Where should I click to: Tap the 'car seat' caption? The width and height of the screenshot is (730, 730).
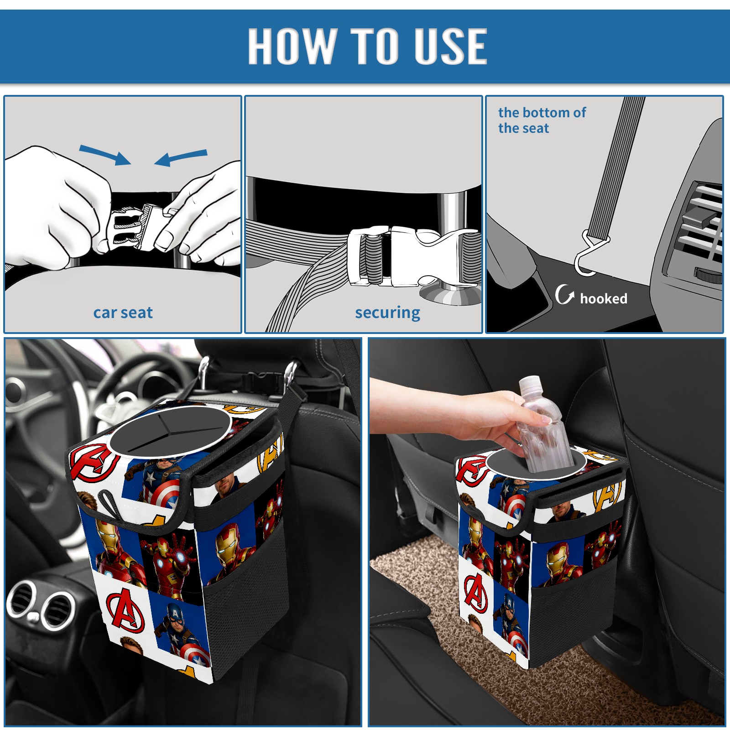tap(123, 313)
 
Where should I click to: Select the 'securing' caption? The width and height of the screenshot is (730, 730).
tap(387, 313)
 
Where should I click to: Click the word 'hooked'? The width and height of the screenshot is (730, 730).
tap(604, 299)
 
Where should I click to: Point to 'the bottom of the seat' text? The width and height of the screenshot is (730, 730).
tap(542, 120)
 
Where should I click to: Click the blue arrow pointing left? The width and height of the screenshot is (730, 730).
tap(181, 158)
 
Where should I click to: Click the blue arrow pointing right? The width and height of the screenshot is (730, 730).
tap(105, 155)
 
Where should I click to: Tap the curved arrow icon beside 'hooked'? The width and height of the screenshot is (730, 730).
tap(564, 295)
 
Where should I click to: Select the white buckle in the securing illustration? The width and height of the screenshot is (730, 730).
tap(411, 256)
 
